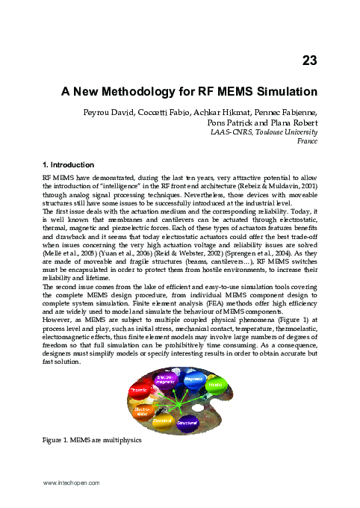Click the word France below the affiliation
click(x=308, y=140)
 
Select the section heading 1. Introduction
click(x=68, y=164)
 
